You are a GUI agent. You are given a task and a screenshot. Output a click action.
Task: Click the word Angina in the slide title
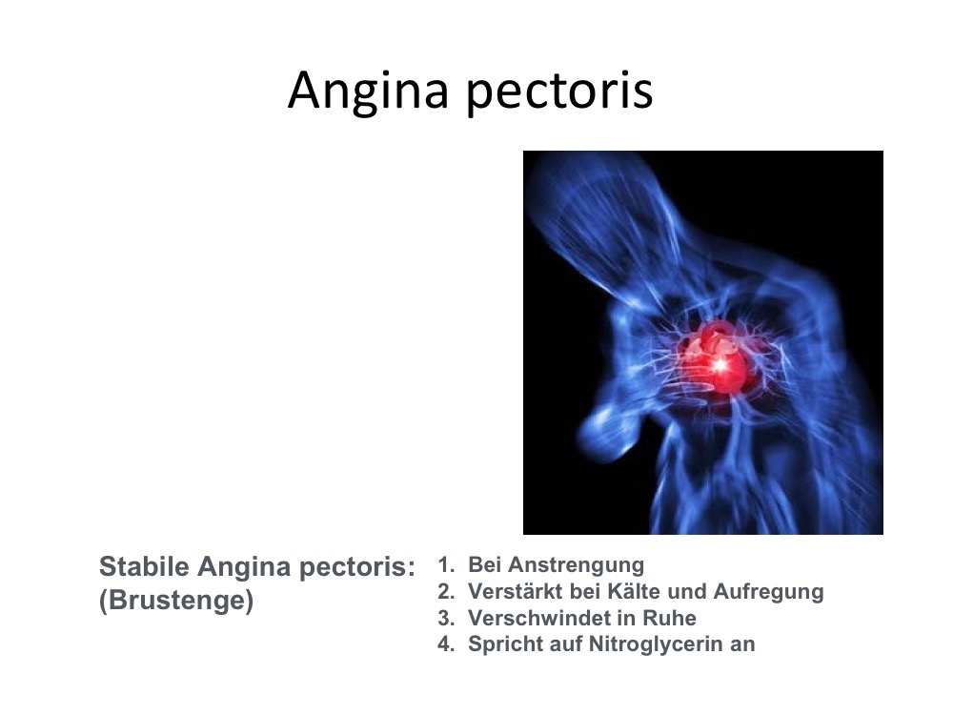click(x=368, y=92)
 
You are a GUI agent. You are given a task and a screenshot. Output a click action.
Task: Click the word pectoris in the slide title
click(x=559, y=92)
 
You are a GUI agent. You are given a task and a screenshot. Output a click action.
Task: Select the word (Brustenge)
click(x=176, y=601)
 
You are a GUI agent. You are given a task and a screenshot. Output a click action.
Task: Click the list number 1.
click(x=445, y=564)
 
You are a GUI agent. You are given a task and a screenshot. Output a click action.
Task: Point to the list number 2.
click(x=445, y=591)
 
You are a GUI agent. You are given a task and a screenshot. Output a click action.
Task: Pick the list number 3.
click(x=445, y=618)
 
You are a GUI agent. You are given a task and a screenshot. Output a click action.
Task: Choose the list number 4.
click(x=445, y=643)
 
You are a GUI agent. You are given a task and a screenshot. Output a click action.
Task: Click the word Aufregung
click(x=769, y=593)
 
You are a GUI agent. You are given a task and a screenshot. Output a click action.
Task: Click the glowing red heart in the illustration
click(x=716, y=360)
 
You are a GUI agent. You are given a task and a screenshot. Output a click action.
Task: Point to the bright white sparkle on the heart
click(x=720, y=365)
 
